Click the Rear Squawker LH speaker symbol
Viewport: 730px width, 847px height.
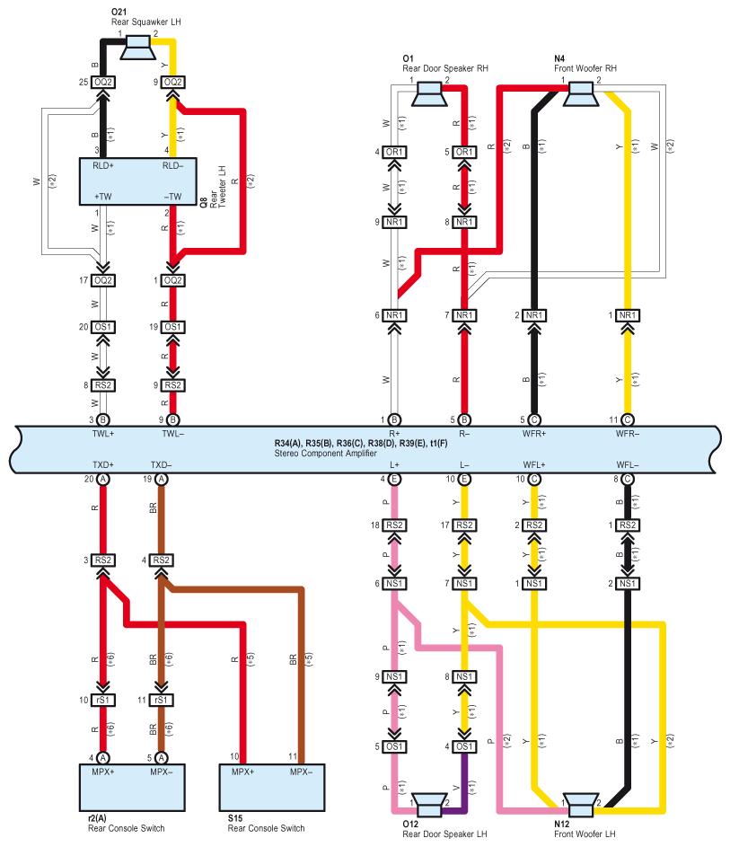(x=137, y=47)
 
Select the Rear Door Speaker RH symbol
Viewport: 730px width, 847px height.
(x=429, y=93)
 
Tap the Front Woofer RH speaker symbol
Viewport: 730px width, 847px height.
(x=581, y=93)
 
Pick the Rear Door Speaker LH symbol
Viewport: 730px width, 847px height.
(x=429, y=805)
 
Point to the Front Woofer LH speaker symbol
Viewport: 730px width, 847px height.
(x=580, y=805)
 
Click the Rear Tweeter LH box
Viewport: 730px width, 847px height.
(x=138, y=181)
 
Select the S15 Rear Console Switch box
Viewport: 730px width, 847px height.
(x=272, y=788)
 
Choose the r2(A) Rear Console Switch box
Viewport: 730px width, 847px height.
(x=132, y=788)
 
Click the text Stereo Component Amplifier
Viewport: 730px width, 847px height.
(x=326, y=454)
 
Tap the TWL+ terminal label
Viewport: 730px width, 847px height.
(x=103, y=434)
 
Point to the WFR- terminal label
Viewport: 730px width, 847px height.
(x=628, y=434)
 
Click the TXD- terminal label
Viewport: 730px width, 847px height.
(x=161, y=465)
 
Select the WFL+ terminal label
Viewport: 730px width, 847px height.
(x=534, y=465)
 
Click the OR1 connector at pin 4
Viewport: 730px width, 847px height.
(x=394, y=153)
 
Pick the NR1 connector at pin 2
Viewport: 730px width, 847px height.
(x=534, y=315)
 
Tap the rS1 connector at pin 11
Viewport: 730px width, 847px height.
(x=161, y=700)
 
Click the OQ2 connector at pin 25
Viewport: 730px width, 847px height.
(x=103, y=82)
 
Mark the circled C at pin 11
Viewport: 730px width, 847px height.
(x=628, y=419)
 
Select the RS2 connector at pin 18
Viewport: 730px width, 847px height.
(x=394, y=525)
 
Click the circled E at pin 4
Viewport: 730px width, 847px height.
(x=394, y=479)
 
